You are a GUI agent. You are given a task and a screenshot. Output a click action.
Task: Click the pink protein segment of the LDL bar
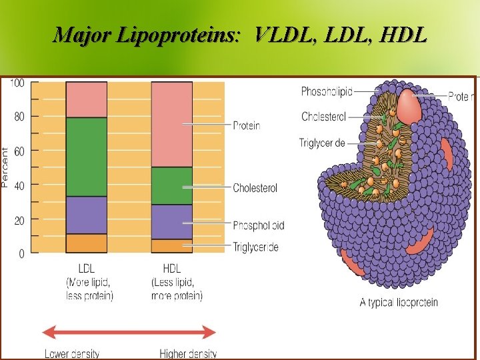point(86,99)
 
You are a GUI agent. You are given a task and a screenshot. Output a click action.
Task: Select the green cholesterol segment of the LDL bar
point(86,157)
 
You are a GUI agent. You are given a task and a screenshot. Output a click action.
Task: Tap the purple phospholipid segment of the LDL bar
point(86,215)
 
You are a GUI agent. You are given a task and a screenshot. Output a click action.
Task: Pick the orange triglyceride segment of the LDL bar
point(86,243)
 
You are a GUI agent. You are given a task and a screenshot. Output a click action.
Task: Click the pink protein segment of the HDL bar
point(172,124)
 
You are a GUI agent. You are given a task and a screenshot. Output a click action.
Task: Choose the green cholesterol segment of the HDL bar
point(172,185)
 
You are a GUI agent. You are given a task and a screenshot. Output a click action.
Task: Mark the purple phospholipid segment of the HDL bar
point(172,221)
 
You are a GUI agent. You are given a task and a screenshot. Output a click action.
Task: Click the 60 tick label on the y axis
point(19,151)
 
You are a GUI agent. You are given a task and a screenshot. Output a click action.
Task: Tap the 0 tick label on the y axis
point(21,254)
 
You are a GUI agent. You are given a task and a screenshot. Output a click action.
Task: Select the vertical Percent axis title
point(5,167)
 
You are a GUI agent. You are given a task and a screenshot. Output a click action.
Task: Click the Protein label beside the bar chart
point(246,125)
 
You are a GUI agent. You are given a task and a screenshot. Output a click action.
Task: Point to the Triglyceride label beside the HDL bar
point(255,247)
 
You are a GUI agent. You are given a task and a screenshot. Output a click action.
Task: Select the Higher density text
point(188,353)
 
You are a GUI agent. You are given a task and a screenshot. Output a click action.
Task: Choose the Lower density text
point(72,353)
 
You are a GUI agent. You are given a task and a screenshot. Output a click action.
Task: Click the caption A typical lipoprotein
point(399,303)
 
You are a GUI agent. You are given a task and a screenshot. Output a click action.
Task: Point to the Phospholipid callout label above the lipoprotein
point(327,91)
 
